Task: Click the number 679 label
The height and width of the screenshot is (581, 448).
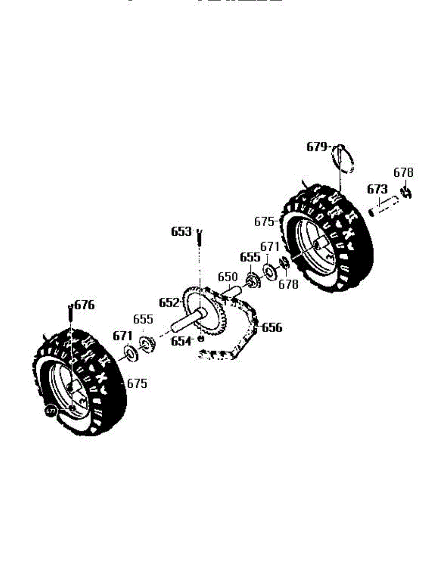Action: [317, 147]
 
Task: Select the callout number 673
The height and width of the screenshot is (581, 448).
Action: [377, 189]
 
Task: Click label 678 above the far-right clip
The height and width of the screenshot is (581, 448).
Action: [403, 173]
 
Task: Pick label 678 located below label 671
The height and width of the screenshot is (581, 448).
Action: [289, 284]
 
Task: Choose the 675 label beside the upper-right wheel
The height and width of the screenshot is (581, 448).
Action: [264, 222]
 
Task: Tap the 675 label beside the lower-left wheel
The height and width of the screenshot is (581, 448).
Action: [137, 383]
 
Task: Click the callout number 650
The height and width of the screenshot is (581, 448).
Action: [228, 277]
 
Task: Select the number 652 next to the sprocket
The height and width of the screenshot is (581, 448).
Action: [169, 303]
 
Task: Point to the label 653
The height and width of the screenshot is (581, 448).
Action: [181, 232]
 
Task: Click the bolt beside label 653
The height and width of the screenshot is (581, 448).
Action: [199, 238]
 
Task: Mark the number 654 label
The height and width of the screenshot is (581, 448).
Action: [181, 341]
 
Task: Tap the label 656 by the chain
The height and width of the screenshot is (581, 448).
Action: [272, 328]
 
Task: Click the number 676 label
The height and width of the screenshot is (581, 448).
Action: [85, 306]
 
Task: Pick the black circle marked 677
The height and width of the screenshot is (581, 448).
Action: [50, 411]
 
